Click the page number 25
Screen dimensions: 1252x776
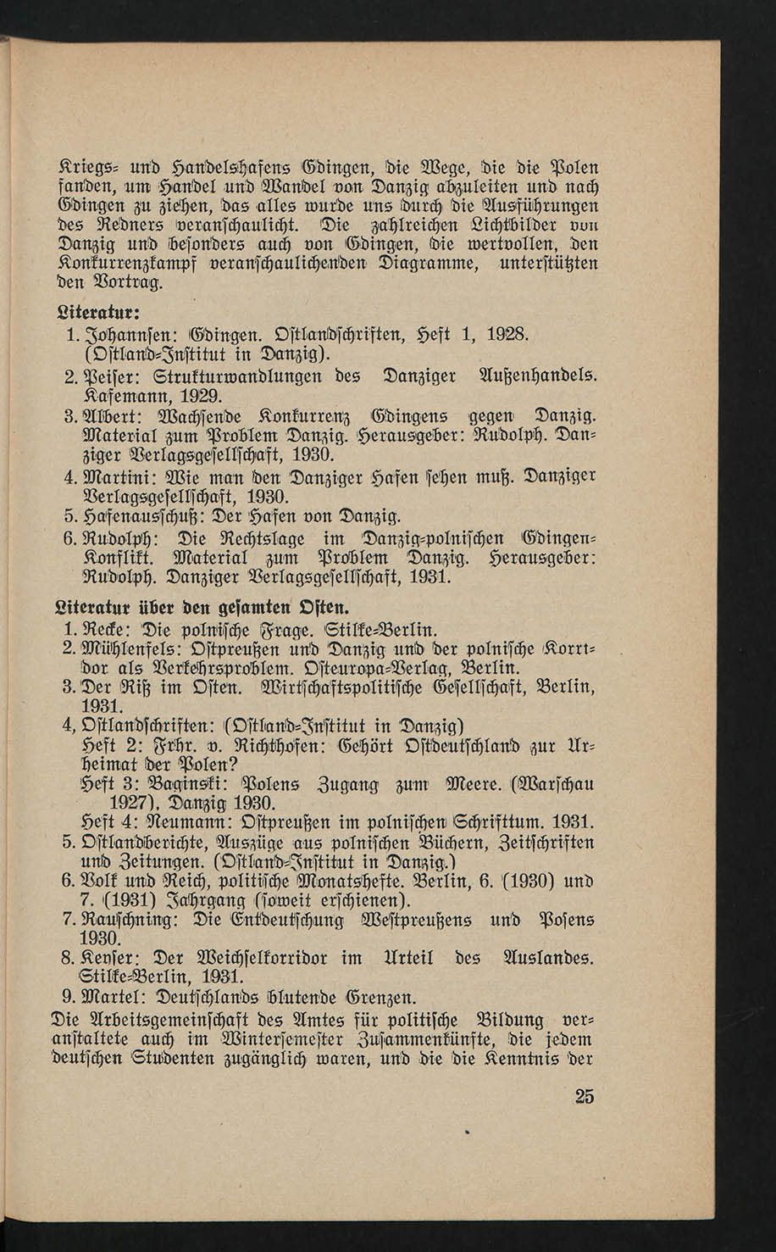[x=585, y=1096]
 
